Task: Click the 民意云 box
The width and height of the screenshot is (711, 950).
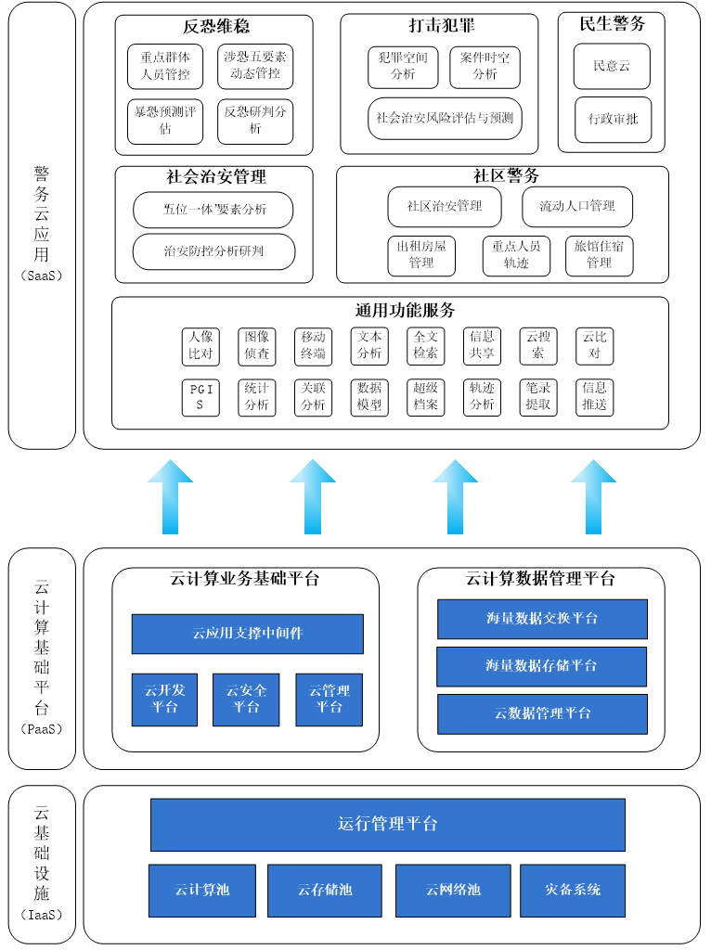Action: point(612,66)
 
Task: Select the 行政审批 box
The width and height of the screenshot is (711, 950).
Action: point(613,120)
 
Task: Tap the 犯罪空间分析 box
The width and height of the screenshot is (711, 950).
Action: point(403,66)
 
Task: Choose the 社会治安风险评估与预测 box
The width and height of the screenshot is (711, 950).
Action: point(445,119)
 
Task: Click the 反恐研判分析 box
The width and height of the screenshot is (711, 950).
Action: point(255,121)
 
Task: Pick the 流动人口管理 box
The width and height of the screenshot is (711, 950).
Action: point(577,206)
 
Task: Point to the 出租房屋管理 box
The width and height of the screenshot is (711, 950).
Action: point(421,255)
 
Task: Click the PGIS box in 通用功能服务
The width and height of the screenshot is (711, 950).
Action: point(201,398)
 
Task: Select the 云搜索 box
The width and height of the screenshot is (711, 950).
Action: point(538,345)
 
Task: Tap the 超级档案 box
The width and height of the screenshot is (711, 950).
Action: point(426,397)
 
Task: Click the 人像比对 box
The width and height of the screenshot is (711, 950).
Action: point(200,345)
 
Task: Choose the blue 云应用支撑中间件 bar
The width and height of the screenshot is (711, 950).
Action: point(247,634)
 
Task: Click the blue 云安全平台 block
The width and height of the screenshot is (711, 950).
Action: point(246,699)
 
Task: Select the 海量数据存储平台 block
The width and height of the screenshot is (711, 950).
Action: point(542,666)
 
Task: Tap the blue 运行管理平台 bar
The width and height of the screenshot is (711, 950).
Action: point(387,824)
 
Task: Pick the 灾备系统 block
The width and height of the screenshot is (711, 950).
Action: point(573,890)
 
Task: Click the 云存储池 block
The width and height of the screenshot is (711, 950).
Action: point(324,890)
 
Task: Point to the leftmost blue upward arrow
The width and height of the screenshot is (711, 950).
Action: point(170,497)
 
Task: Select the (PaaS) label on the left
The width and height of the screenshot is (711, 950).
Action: point(42,729)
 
